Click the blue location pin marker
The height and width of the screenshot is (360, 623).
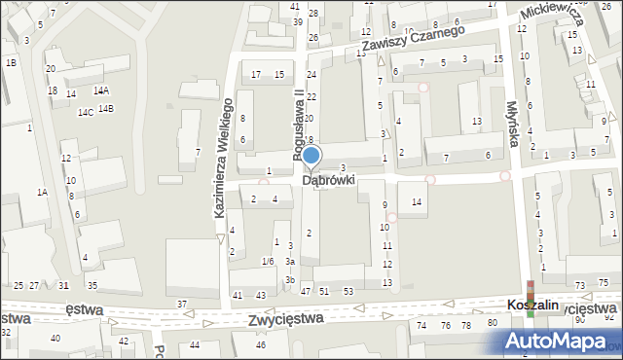coord(311,156)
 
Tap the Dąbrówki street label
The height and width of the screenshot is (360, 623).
coord(328,181)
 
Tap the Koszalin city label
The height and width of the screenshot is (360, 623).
coord(531,305)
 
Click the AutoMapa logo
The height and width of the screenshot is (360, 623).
coord(561,341)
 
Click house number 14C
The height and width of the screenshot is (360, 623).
coord(86,113)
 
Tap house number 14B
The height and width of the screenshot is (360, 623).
coord(105,108)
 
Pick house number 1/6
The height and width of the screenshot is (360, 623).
coord(268,261)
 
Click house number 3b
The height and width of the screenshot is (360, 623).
coord(290,280)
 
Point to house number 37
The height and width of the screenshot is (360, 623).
coord(181,305)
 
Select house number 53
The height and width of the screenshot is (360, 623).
coord(348,292)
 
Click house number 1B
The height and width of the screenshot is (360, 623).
coord(11,62)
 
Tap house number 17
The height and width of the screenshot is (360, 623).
coord(256,75)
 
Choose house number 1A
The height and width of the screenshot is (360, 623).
coord(42,192)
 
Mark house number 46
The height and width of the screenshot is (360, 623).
coord(261,344)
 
